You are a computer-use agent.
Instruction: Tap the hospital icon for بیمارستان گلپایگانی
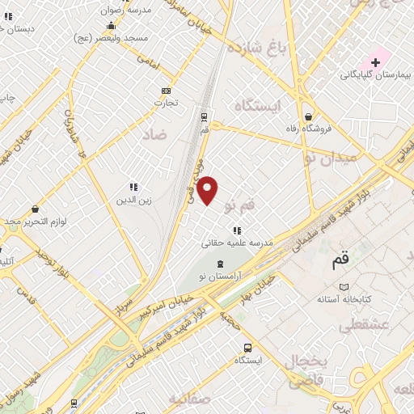pyautogui.click(x=375, y=62)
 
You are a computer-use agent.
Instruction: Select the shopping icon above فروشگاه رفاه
pyautogui.click(x=309, y=116)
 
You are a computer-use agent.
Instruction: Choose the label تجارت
pyautogui.click(x=167, y=103)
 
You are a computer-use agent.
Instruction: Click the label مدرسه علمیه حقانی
pyautogui.click(x=238, y=242)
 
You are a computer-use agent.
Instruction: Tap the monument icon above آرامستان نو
pyautogui.click(x=219, y=264)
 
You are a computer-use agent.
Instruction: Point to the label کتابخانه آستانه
pyautogui.click(x=344, y=299)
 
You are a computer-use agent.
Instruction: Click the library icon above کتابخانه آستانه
pyautogui.click(x=344, y=287)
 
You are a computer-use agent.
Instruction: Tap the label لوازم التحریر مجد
pyautogui.click(x=33, y=221)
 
